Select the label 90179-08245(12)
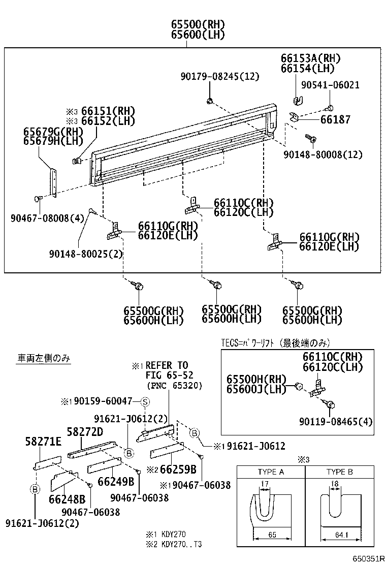pos(219,76)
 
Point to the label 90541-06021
pos(330,85)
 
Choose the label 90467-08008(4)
pos(45,218)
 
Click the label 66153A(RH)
pos(310,58)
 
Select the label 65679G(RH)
pos(53,132)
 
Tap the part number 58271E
pos(43,442)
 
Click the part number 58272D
pos(85,431)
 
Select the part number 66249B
pos(115,481)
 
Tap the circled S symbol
pos(144,402)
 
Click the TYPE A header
pos(271,472)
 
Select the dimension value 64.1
pos(339,535)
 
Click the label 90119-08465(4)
pos(336,421)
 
